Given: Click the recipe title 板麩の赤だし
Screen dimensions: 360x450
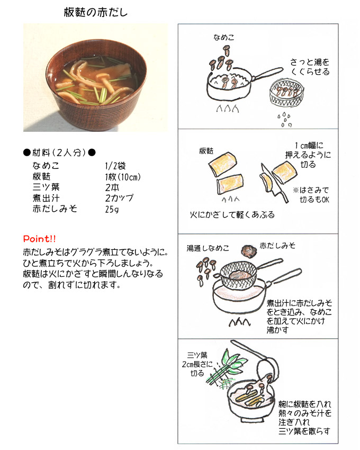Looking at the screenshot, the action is tap(96, 13).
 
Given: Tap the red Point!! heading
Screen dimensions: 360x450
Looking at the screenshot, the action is tap(39, 239).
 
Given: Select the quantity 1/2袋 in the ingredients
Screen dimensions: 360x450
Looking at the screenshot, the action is tap(115, 166).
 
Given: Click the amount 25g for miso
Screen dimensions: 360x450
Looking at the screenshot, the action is tap(112, 209).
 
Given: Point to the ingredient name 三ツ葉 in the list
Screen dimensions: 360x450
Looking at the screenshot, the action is tap(46, 187).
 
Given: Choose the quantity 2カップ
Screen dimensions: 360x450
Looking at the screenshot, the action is tap(119, 198).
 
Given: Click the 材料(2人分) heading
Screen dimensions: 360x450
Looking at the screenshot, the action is tap(59, 152).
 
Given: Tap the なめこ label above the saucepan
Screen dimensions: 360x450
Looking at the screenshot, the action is tap(223, 37).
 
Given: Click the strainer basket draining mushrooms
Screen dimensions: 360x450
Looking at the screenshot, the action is tap(286, 93).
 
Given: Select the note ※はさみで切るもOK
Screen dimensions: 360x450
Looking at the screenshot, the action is tap(311, 195).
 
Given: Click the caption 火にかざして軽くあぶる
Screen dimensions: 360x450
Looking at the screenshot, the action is tap(232, 214).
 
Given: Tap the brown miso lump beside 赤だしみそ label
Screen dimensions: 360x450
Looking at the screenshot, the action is tap(248, 251).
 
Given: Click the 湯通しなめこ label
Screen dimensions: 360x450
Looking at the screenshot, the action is tap(208, 248).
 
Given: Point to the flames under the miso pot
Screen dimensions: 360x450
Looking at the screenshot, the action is tap(240, 322).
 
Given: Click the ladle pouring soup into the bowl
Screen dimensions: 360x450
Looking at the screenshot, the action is tap(256, 359).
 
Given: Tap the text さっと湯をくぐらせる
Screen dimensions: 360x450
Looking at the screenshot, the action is tap(310, 67).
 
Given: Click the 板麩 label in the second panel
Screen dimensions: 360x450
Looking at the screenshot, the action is tap(206, 151).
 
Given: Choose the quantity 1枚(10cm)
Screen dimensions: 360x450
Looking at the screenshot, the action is tap(123, 177).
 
